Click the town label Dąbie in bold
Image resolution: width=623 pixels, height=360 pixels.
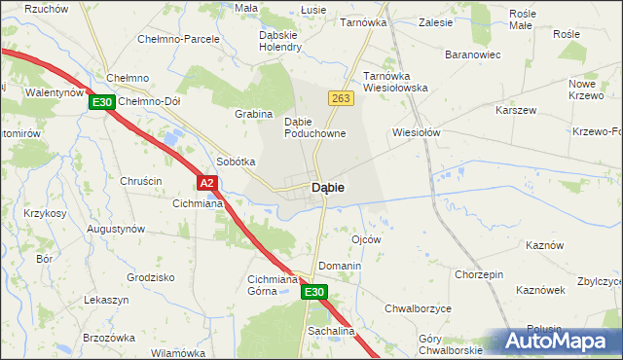tap(331, 187)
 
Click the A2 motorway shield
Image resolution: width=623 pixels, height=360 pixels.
tap(205, 182)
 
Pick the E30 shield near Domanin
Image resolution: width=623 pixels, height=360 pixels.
tap(312, 291)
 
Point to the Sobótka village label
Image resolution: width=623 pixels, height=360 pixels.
tap(236, 162)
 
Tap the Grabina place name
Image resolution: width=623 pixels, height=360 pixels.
tap(253, 114)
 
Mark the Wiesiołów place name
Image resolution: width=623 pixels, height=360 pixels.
tap(417, 132)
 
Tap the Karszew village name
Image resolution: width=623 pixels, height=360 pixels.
tap(516, 110)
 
